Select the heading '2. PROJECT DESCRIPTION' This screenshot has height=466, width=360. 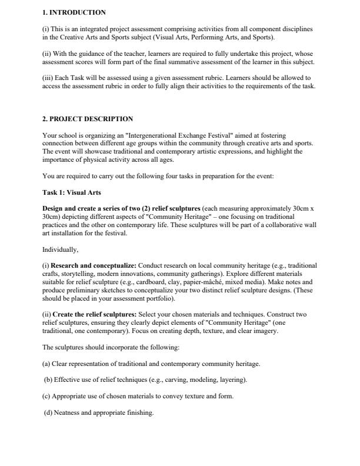click(88, 119)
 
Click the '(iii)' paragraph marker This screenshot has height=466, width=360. click(49, 78)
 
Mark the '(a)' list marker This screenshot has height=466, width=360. click(46, 364)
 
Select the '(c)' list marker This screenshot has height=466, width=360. click(46, 396)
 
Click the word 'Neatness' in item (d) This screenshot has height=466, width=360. click(66, 412)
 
